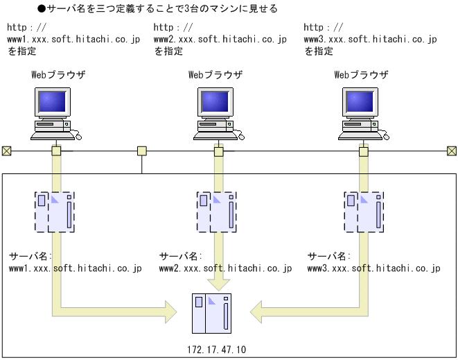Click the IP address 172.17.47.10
coord(216,350)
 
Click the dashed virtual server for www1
coord(54,212)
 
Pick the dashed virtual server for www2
coord(217,212)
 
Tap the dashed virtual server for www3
coord(364,212)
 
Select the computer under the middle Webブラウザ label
coord(217,111)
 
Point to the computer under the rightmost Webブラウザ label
coord(363,111)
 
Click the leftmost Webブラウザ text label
coord(58,74)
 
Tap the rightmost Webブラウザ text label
coord(361,74)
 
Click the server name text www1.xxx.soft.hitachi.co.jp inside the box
coord(75,268)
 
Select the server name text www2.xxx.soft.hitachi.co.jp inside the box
coord(225,268)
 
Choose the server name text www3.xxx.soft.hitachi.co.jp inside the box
coord(373,268)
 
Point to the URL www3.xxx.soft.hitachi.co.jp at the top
coord(370,40)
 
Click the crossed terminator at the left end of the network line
coord(6,151)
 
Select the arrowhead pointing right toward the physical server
coord(169,306)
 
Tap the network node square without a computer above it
coord(142,151)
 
